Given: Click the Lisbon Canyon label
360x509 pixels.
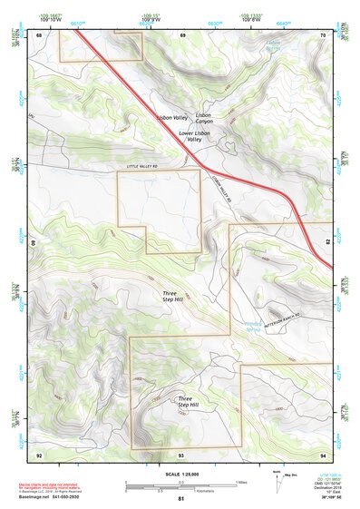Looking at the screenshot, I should click(203, 119).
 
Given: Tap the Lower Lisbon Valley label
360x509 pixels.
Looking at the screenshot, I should click(194, 137).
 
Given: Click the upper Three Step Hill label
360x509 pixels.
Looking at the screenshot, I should click(172, 297).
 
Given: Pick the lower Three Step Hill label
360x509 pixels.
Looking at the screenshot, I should click(185, 402).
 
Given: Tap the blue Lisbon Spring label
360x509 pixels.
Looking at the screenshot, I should click(272, 44).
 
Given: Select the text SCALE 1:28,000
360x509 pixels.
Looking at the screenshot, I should click(180, 475).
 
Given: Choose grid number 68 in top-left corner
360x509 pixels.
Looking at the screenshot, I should click(39, 34).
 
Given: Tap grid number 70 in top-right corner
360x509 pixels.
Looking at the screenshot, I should click(323, 34).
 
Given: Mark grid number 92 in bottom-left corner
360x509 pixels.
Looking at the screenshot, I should click(39, 454).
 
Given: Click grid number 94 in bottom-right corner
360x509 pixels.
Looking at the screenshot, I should click(323, 454).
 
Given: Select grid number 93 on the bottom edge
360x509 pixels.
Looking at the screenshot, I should click(181, 454).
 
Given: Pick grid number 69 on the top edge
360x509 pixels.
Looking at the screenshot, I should click(182, 34).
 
